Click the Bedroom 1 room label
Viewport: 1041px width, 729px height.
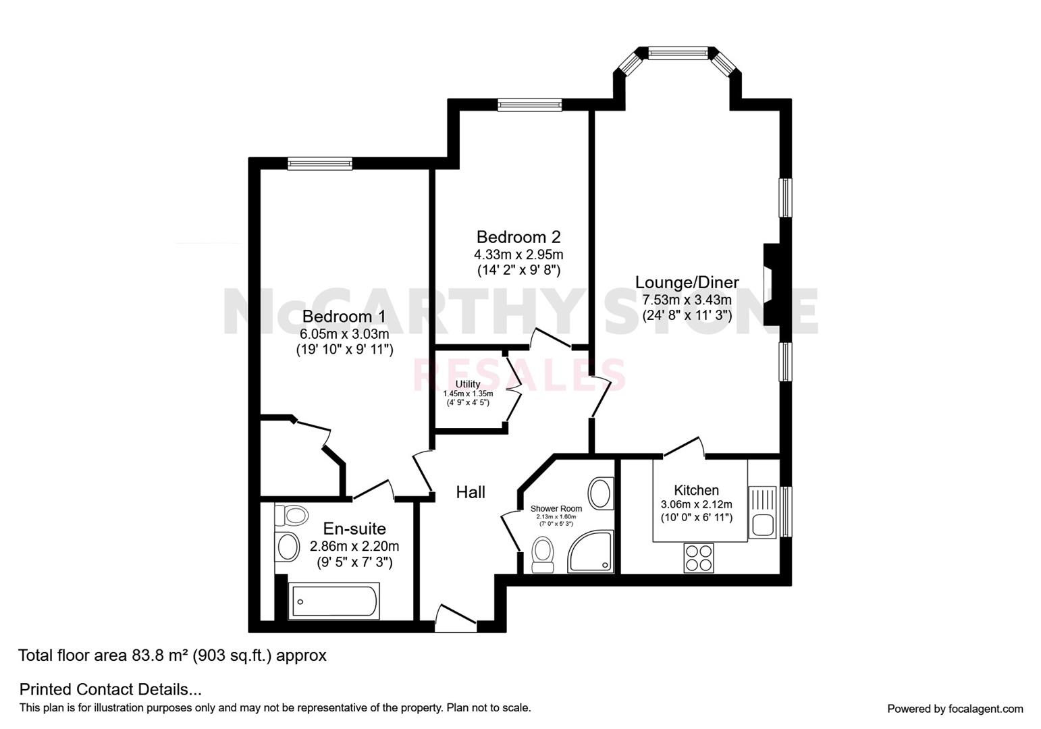pos(344,317)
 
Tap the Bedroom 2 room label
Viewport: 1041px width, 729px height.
pos(518,237)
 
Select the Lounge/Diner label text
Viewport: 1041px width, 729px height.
pos(687,282)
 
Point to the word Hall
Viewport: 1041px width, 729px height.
pos(471,492)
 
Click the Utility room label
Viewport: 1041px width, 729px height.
pos(468,384)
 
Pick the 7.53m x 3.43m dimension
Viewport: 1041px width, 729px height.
pos(687,299)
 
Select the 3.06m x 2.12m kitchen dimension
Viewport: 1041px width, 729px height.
pos(696,504)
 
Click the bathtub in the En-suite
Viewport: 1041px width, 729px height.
pos(333,601)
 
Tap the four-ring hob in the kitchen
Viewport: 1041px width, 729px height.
pos(699,558)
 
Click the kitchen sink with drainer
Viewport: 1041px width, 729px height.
pos(762,512)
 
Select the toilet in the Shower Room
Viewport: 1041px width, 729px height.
pos(542,555)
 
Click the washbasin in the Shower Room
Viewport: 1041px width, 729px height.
pos(600,493)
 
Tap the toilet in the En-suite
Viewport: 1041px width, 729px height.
pos(292,515)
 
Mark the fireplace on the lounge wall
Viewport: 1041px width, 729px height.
pos(772,284)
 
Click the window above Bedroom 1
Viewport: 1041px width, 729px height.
pos(320,163)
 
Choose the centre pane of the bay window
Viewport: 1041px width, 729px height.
pos(678,53)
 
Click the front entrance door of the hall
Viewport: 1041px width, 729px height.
pos(456,618)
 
